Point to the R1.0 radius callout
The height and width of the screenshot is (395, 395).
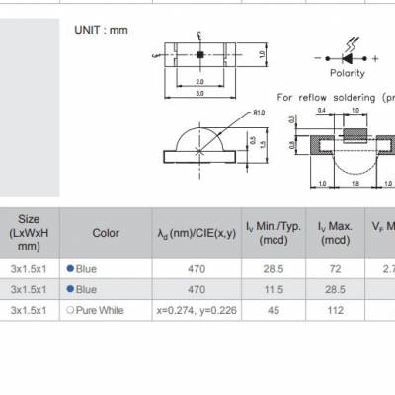coord(260,113)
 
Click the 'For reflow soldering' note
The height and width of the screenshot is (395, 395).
coord(336,98)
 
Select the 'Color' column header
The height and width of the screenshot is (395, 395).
coord(106,234)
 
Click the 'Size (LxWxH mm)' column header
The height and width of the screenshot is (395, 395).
coord(30,234)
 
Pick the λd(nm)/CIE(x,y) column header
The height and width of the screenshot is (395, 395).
coord(196,234)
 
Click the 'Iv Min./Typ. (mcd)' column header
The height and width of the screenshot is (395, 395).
coord(266,234)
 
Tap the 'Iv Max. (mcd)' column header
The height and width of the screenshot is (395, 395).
coord(336,234)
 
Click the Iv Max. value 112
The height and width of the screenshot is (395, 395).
coord(336,311)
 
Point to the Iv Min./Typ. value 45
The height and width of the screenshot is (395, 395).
coord(266,311)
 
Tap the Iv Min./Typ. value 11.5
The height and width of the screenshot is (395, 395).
coord(266,289)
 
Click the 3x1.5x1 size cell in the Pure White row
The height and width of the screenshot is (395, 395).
coord(30,311)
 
